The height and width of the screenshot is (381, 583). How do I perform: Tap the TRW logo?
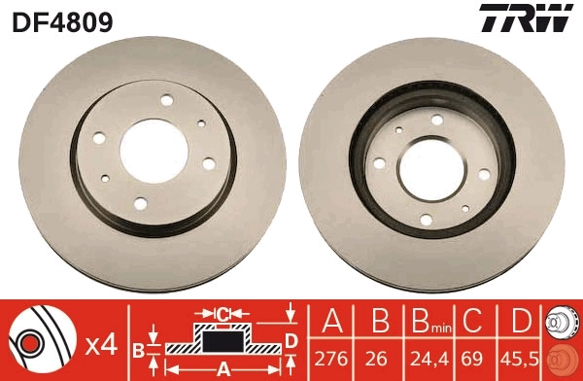coord(523,18)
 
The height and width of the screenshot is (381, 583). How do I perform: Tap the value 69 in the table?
coord(474,359)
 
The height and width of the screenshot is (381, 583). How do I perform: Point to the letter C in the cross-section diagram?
coord(223,314)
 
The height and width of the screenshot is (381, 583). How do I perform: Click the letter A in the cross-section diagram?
coord(223,368)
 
